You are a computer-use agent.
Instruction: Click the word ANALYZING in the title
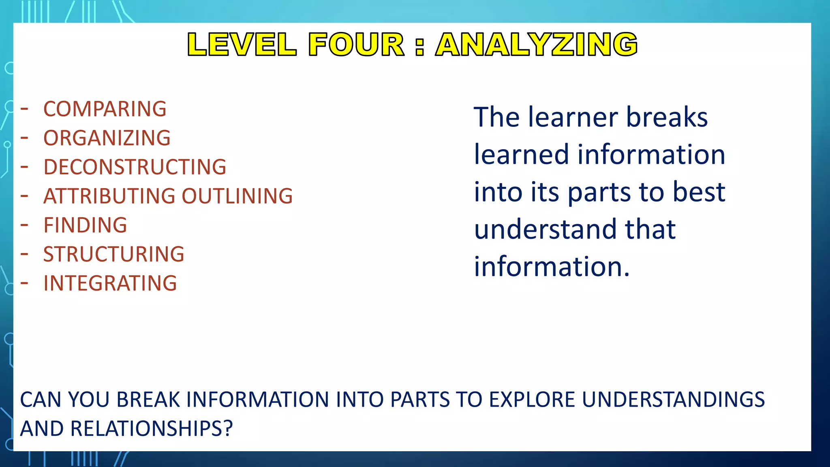point(537,44)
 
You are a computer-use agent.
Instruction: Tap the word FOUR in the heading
point(356,44)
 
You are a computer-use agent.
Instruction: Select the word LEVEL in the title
point(242,44)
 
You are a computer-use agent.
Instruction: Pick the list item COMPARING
point(105,109)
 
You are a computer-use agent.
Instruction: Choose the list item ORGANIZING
point(107,138)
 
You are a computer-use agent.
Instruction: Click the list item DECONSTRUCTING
point(135,167)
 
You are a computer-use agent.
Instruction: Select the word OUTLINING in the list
point(237,196)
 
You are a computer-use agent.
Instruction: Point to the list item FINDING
point(85,225)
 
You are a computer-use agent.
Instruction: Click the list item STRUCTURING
point(114,255)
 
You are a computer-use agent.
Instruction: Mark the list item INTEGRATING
point(110,283)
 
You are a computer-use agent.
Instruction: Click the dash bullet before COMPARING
point(25,109)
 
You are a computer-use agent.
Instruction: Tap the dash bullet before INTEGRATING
point(25,283)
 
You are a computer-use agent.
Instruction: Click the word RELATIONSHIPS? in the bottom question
point(152,429)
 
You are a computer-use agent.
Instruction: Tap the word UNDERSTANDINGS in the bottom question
point(674,400)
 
